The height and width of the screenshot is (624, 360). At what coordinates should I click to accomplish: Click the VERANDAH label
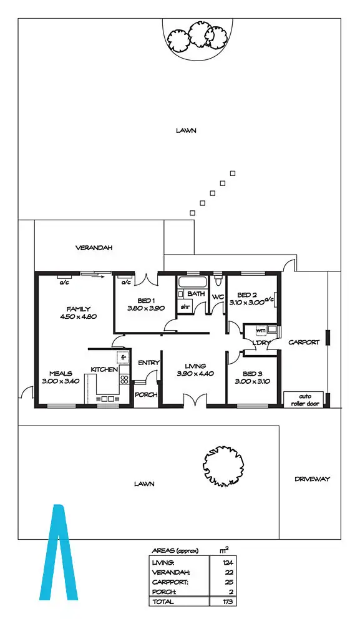click(x=94, y=248)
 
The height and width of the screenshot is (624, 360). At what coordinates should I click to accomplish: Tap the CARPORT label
click(x=304, y=342)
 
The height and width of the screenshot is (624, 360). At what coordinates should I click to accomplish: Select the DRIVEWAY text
click(x=312, y=479)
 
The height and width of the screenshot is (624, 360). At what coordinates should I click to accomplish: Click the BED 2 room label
click(x=247, y=295)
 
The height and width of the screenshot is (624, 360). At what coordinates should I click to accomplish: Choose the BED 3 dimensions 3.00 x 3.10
click(x=249, y=381)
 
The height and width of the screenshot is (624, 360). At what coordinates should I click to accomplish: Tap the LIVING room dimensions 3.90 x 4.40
click(x=195, y=374)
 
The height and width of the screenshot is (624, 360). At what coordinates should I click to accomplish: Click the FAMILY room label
click(x=79, y=308)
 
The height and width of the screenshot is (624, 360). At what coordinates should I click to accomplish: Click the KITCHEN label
click(x=104, y=369)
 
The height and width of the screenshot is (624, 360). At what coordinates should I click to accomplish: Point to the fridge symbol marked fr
click(x=124, y=358)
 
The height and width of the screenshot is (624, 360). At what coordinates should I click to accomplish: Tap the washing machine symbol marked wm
click(x=261, y=329)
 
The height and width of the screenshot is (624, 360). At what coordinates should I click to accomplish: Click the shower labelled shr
click(x=185, y=307)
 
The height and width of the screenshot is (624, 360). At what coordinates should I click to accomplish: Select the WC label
click(x=218, y=296)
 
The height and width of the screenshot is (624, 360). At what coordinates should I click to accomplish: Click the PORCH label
click(x=146, y=394)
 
